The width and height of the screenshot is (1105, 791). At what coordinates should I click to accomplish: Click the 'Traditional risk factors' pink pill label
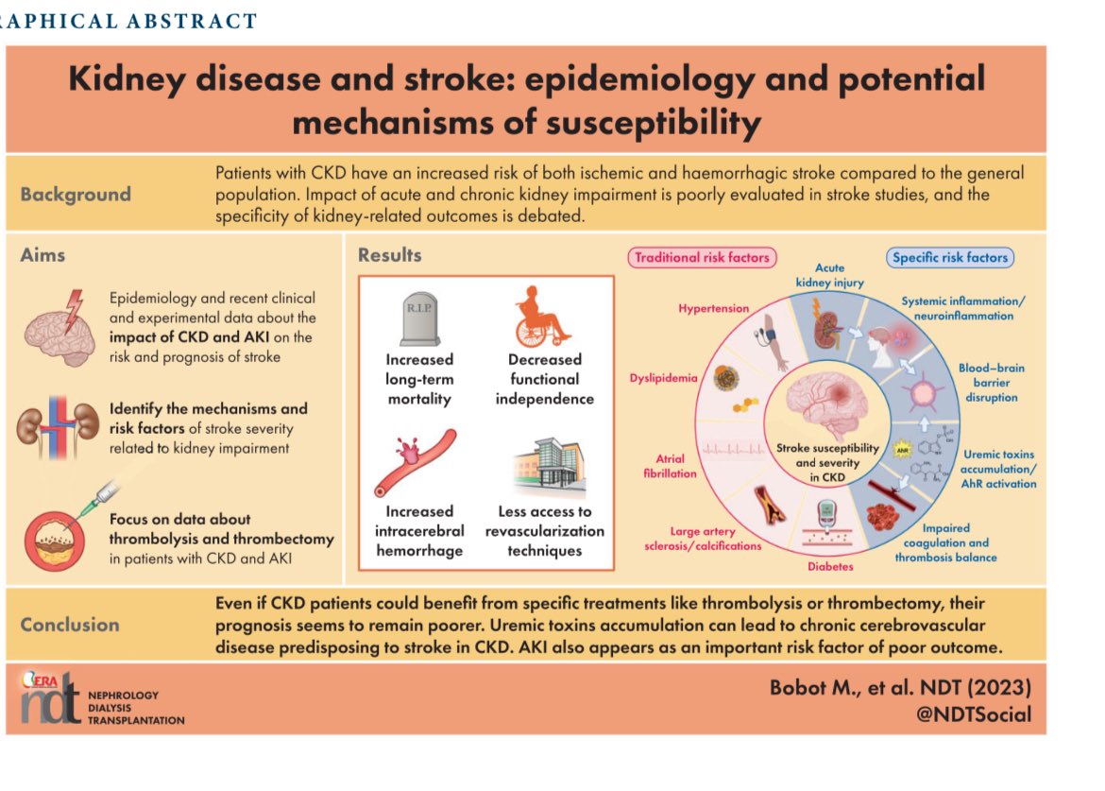coord(701,257)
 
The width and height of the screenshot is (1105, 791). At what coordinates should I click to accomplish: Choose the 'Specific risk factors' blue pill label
coord(949,257)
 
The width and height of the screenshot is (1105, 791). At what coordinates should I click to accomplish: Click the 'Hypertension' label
coord(713,309)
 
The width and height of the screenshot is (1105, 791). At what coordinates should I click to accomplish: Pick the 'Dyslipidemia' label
coord(663,378)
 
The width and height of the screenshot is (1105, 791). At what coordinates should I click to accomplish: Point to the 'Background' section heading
coord(76,195)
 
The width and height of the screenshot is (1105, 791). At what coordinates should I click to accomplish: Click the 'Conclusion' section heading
coord(70,625)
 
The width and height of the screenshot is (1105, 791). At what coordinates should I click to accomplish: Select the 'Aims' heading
coord(43,255)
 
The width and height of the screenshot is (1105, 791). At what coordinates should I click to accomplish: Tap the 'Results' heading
coord(389,255)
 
